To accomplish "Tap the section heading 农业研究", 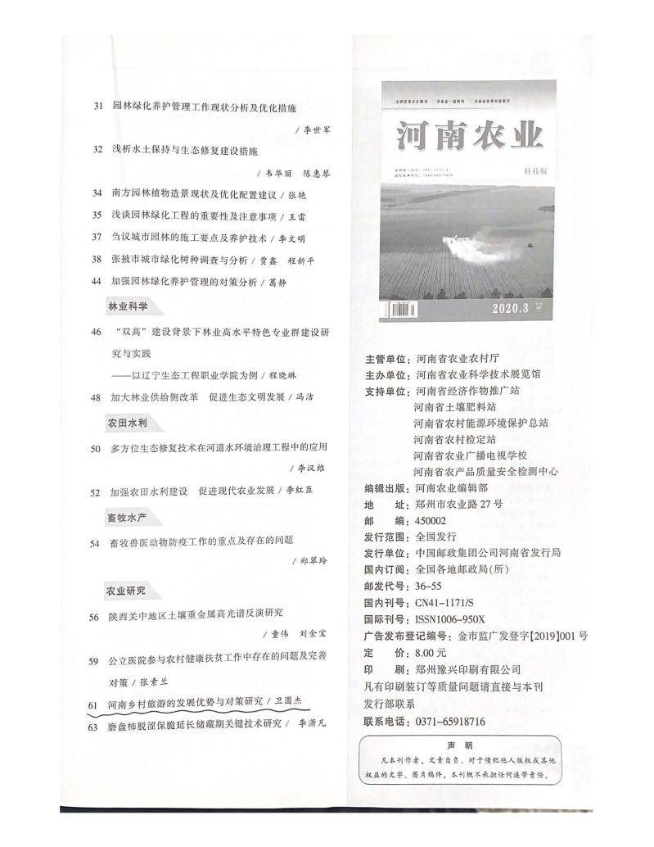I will (127, 590).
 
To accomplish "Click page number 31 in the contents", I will (98, 107).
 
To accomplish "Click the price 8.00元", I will (431, 653).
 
